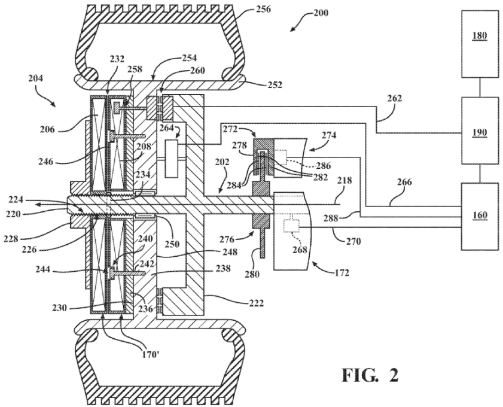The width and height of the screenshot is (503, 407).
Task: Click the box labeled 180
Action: (480, 44)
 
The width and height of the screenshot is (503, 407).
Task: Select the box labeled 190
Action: (480, 131)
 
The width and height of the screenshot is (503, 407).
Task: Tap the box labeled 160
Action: (480, 216)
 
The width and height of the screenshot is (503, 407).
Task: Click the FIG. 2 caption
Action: (370, 374)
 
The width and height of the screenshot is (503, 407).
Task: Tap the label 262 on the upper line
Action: (394, 98)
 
